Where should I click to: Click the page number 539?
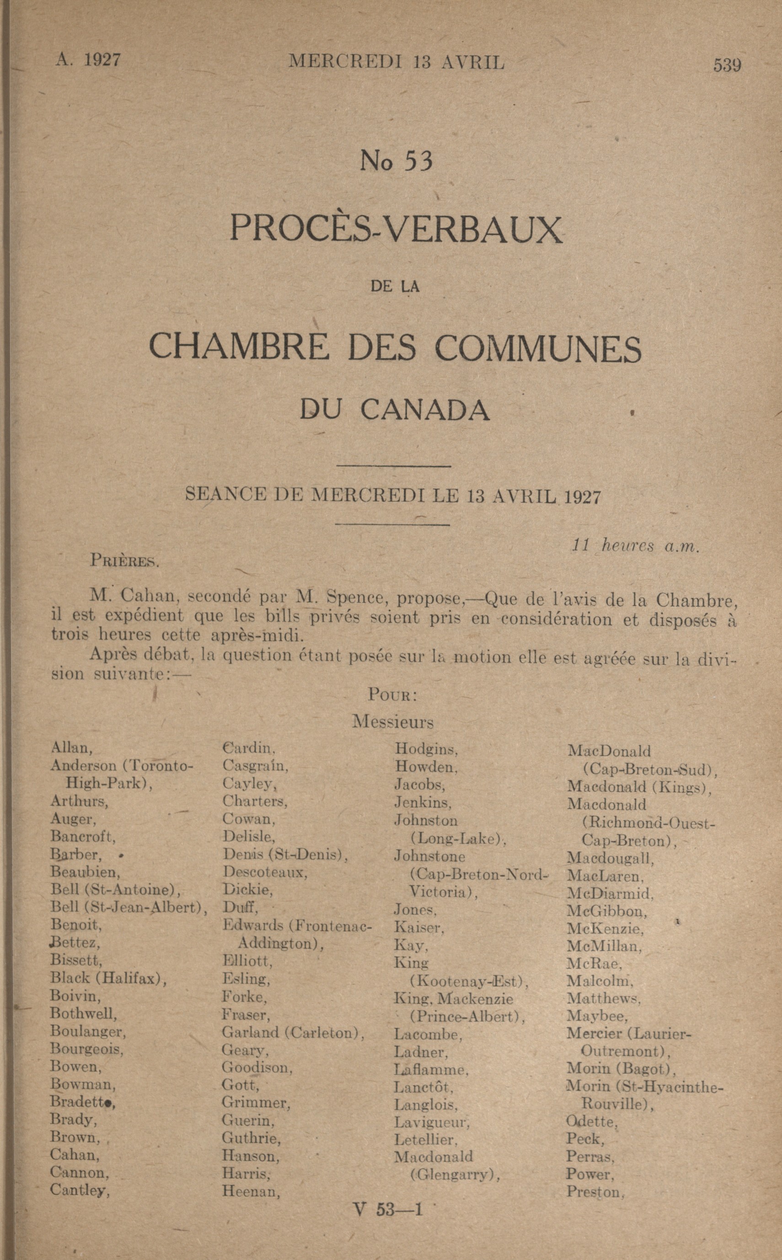(727, 65)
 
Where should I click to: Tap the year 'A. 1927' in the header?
(88, 60)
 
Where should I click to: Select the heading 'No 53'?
(396, 161)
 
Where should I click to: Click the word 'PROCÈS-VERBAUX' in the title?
(396, 228)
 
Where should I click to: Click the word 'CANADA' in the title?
(425, 411)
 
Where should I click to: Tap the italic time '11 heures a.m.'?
(635, 546)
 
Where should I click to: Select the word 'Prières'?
(124, 561)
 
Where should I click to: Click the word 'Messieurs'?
(392, 722)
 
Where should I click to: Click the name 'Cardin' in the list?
(248, 748)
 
